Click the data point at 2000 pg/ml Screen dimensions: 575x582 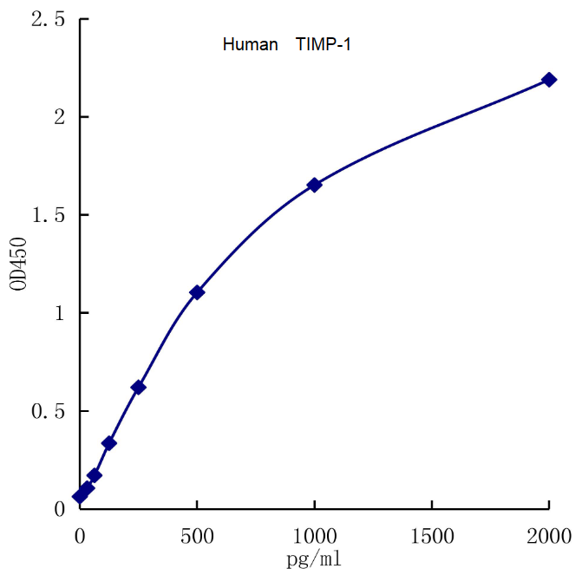(x=548, y=80)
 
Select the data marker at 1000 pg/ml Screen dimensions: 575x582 (x=314, y=185)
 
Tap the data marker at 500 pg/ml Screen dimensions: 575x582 (x=197, y=292)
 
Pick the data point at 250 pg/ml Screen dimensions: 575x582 (x=138, y=387)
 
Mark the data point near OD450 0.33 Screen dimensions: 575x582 (x=109, y=443)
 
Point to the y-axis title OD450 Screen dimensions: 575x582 (x=22, y=263)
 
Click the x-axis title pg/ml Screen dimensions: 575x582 (x=314, y=559)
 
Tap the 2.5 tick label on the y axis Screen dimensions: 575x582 (x=48, y=19)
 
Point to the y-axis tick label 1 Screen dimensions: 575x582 (x=59, y=313)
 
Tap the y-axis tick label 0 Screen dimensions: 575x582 (x=59, y=509)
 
